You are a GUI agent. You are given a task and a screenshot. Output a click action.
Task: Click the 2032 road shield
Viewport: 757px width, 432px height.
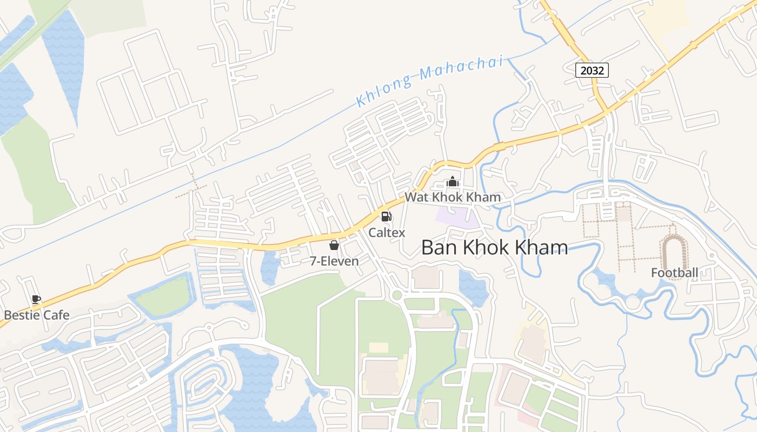tap(592, 70)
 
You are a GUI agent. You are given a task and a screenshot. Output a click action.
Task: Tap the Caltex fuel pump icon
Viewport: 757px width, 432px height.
tap(387, 217)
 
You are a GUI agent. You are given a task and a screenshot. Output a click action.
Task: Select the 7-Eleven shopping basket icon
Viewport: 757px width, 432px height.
tap(334, 246)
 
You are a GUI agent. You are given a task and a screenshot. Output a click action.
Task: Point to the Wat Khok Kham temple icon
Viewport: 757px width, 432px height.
tap(452, 181)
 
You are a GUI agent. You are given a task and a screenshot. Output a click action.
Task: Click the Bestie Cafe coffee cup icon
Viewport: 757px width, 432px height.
tap(36, 300)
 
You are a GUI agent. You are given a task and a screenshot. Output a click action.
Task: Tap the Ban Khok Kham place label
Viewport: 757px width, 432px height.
tap(494, 247)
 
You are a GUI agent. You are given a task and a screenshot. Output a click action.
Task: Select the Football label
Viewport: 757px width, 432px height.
tap(674, 273)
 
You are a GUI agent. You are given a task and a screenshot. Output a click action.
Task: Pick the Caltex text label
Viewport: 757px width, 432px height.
tap(387, 232)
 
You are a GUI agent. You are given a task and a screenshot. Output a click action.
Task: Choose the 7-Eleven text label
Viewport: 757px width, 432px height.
tap(334, 261)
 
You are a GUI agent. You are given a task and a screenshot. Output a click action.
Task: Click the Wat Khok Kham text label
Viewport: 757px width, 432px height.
tap(453, 197)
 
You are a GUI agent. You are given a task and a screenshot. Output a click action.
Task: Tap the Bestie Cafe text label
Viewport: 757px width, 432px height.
tap(37, 315)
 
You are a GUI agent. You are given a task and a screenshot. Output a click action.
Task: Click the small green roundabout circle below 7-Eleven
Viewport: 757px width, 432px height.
tap(397, 295)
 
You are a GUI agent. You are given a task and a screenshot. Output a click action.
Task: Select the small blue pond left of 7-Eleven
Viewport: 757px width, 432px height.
tap(269, 267)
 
